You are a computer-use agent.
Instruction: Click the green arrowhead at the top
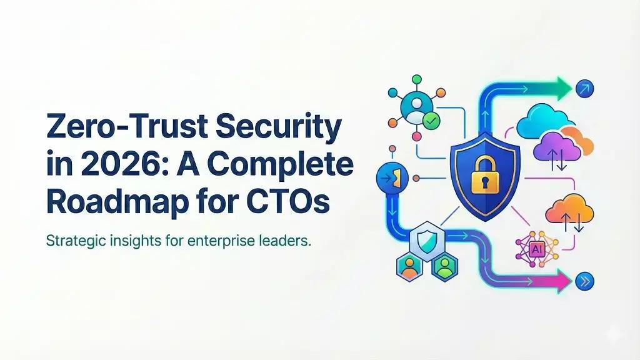pyautogui.click(x=563, y=89)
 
